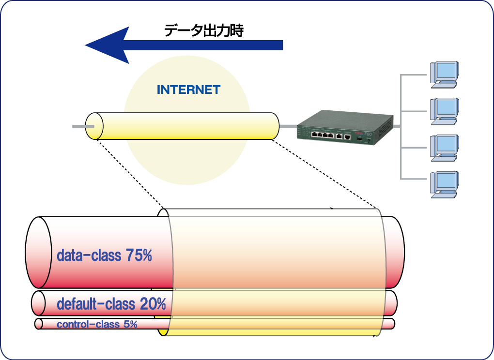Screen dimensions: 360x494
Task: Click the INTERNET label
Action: tap(188, 90)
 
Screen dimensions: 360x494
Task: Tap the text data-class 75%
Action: tap(104, 255)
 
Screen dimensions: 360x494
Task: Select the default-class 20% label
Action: tap(111, 304)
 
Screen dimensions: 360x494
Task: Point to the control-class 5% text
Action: tap(97, 324)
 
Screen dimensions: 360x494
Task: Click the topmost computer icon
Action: tap(444, 74)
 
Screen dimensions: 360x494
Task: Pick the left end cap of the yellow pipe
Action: tap(94, 127)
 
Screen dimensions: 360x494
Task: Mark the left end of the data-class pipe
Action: tap(39, 253)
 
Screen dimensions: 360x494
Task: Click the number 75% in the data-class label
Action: tap(139, 255)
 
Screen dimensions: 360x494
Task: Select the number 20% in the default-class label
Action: tap(153, 304)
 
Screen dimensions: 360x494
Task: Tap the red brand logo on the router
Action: tap(359, 131)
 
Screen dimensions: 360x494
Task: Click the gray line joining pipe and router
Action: tap(288, 126)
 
